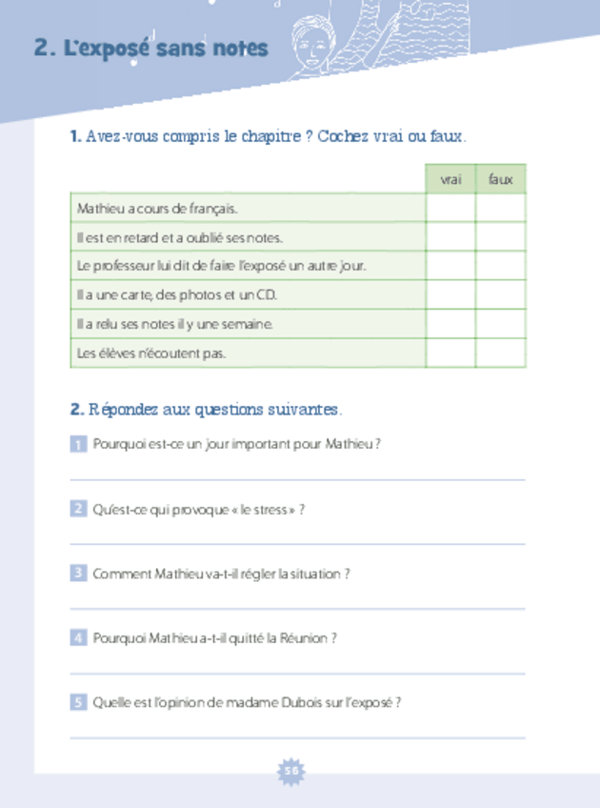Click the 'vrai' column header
tap(450, 179)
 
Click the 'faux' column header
tap(500, 179)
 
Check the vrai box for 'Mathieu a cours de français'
tap(450, 208)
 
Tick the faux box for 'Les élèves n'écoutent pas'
tap(500, 353)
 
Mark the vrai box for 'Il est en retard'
tap(450, 237)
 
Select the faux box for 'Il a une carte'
tap(500, 295)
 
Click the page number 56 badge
tap(290, 771)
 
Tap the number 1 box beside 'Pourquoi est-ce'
tap(78, 444)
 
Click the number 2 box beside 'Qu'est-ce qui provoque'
tap(78, 509)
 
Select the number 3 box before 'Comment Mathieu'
tap(78, 574)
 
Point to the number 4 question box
tap(78, 638)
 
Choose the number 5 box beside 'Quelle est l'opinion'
tap(78, 702)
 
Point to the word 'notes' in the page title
tap(239, 49)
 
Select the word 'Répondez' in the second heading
tap(123, 410)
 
